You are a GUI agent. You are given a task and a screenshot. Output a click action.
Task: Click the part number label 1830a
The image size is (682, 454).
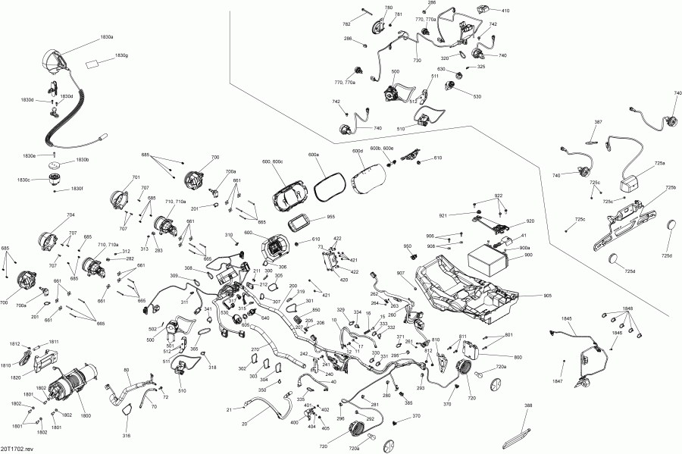107,36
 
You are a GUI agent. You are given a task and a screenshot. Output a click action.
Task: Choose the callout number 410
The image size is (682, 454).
505,11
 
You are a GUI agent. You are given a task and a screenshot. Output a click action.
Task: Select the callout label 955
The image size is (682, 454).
330,217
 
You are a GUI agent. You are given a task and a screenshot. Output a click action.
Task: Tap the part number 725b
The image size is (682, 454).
670,187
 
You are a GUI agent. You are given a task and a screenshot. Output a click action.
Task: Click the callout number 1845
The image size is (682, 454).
568,320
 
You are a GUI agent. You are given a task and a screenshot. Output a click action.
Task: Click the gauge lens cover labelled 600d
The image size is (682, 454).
371,183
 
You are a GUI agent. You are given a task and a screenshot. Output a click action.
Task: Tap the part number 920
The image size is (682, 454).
530,221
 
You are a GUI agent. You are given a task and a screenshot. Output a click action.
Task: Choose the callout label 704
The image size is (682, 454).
71,214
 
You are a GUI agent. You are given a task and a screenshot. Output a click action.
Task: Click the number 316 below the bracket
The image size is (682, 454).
127,436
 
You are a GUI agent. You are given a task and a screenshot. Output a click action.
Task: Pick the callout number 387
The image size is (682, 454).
599,122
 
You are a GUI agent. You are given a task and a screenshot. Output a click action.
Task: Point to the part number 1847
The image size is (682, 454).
558,380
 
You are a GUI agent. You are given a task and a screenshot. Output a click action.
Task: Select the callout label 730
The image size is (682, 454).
417,60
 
